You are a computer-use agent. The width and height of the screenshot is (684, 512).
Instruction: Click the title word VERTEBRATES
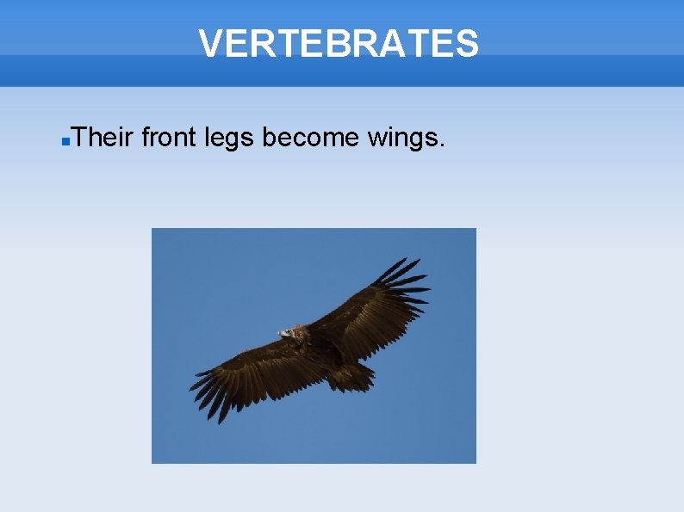click(x=338, y=43)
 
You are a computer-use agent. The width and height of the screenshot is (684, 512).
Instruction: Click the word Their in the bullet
click(x=103, y=136)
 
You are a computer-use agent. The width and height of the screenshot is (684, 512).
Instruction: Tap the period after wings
click(x=443, y=145)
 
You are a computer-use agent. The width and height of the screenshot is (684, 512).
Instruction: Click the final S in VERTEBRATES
click(x=466, y=43)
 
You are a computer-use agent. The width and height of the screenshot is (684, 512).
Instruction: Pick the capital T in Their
click(x=79, y=136)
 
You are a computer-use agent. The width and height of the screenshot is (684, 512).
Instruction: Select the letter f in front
click(x=145, y=135)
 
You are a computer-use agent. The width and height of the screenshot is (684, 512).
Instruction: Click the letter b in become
click(x=269, y=136)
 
